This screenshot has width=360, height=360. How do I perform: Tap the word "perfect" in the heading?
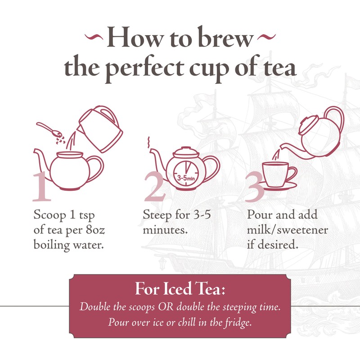click(151, 67)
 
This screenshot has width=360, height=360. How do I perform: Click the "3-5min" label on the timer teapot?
click(184, 178)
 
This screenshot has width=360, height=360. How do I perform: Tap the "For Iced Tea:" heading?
click(180, 289)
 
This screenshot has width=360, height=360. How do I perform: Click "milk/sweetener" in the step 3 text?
click(288, 230)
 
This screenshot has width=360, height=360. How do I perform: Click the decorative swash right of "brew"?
click(269, 36)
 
